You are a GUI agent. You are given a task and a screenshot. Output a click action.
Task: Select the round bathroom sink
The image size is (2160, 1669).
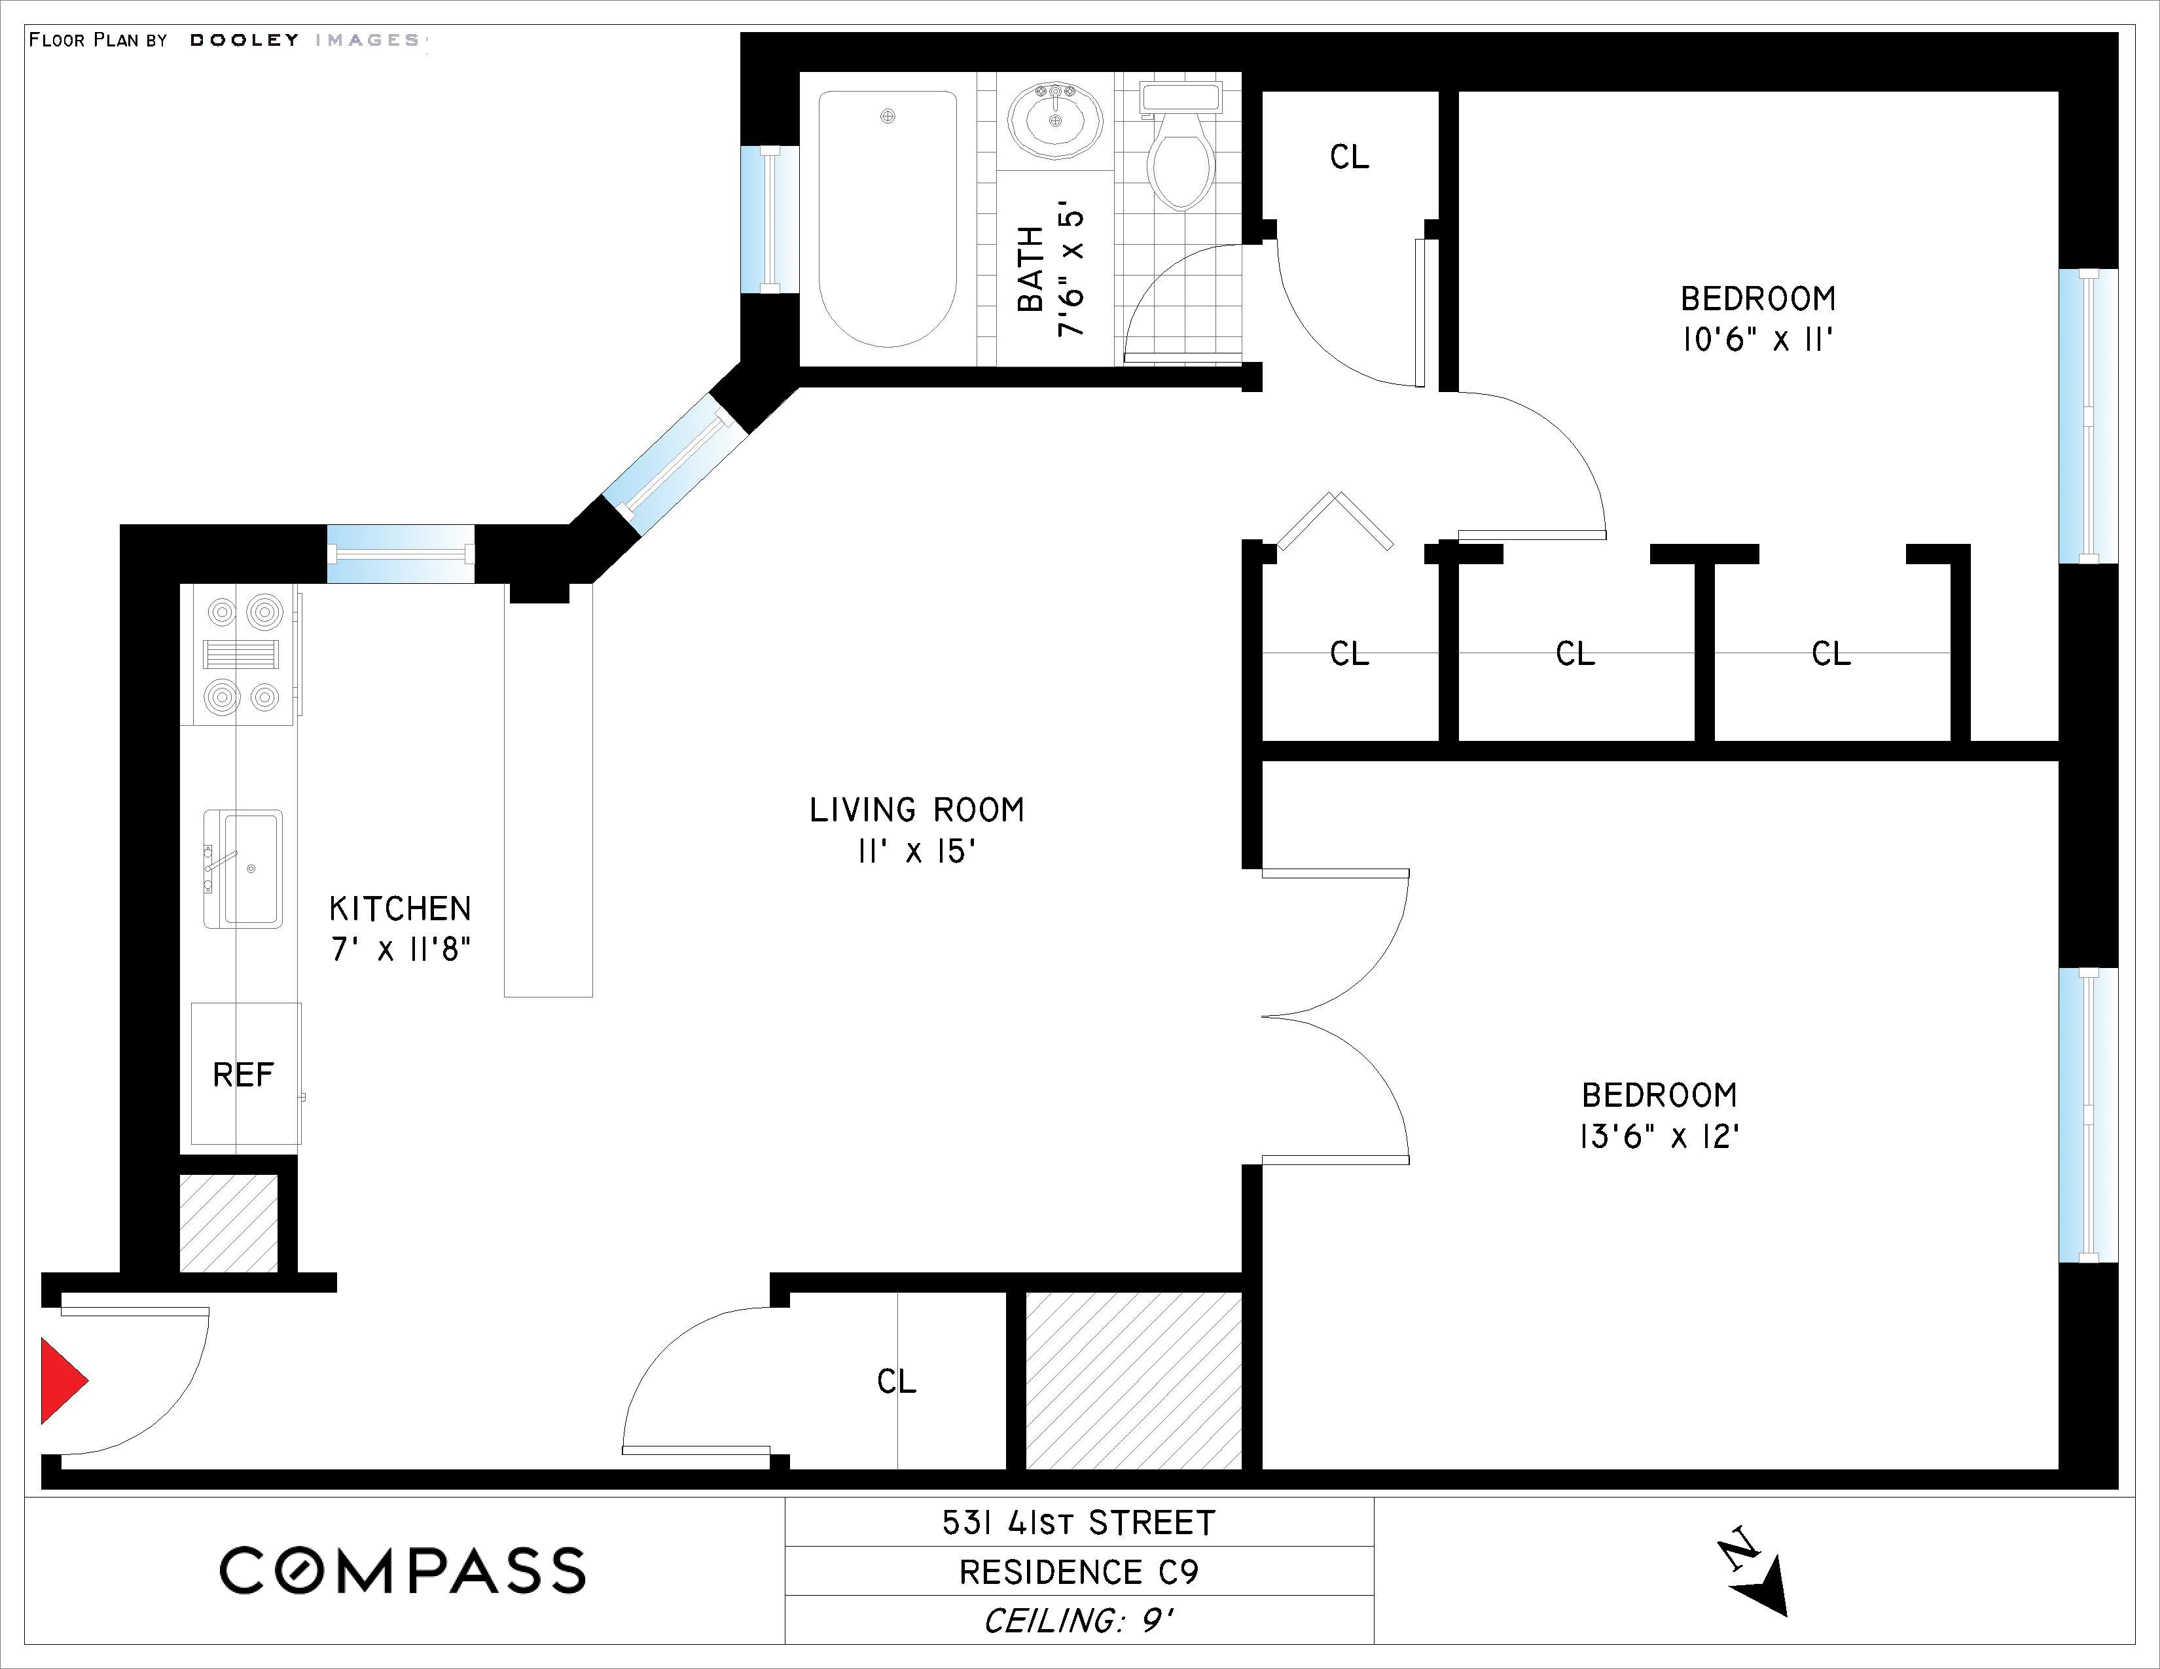1055,120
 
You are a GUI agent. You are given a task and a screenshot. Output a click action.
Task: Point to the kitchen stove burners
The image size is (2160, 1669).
242,655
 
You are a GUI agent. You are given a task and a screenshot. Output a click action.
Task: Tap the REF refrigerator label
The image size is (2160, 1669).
242,1075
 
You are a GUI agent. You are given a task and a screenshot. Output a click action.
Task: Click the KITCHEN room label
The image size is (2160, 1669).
399,908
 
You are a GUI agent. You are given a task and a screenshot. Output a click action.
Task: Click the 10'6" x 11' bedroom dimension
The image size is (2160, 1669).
1757,340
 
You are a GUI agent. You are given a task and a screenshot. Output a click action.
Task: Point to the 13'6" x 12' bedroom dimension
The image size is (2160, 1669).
1659,1137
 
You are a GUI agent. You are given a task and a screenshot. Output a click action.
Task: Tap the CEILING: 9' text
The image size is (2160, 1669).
1078,1621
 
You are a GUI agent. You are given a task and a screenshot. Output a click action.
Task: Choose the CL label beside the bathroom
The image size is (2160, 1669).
1349,156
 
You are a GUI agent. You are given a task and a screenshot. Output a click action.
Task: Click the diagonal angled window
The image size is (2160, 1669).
672,465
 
